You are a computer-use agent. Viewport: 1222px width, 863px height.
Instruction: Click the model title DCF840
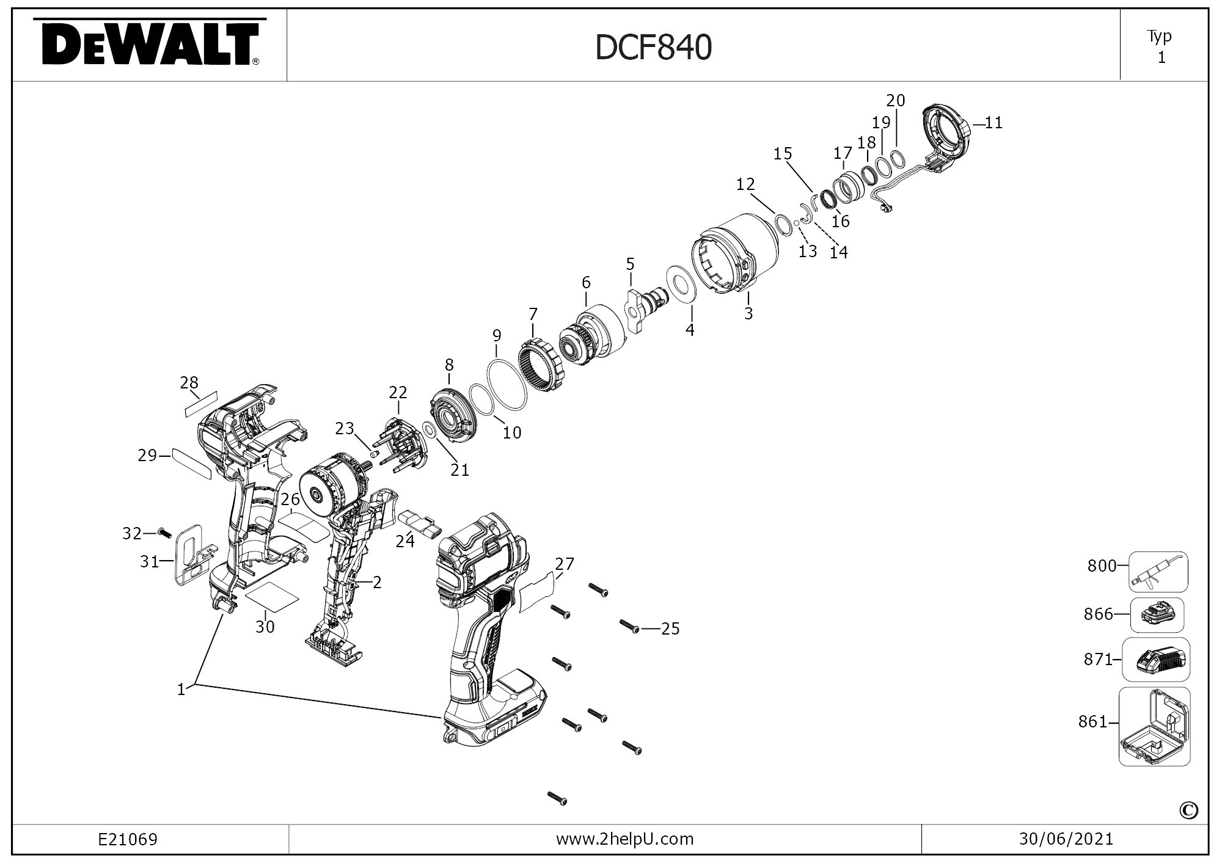(654, 48)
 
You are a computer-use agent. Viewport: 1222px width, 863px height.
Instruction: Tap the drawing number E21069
(128, 840)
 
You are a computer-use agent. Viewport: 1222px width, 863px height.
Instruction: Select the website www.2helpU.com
(624, 839)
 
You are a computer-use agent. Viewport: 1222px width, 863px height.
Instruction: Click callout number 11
(993, 123)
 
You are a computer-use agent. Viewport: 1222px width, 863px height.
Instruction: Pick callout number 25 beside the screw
(670, 628)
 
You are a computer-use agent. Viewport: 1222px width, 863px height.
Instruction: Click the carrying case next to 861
(1154, 727)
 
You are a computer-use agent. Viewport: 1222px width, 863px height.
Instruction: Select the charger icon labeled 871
(1156, 660)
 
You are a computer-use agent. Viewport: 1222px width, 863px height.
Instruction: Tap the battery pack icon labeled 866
(1157, 615)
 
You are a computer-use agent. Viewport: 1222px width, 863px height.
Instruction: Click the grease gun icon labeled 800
(1158, 572)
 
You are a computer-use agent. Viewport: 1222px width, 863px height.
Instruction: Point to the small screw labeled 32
(164, 533)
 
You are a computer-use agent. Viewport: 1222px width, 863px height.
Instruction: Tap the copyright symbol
(1188, 810)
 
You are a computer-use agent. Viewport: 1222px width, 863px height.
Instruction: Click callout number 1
(181, 690)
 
